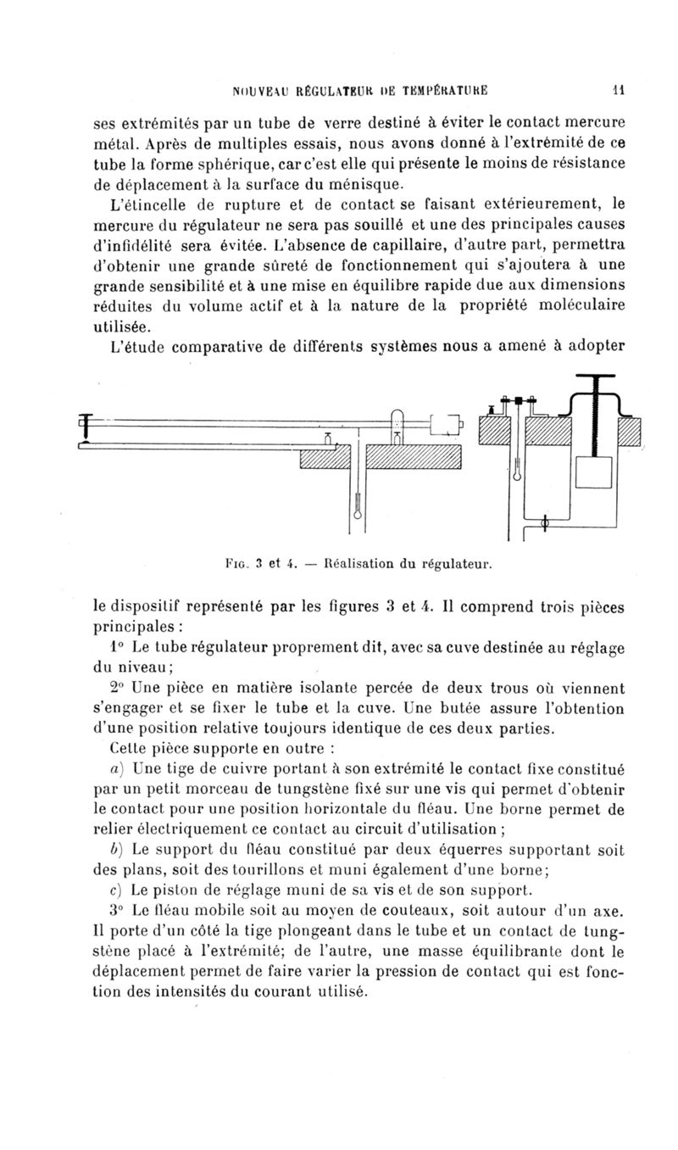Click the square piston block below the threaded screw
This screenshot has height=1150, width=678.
coord(593,472)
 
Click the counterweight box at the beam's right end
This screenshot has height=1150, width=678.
coord(446,421)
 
